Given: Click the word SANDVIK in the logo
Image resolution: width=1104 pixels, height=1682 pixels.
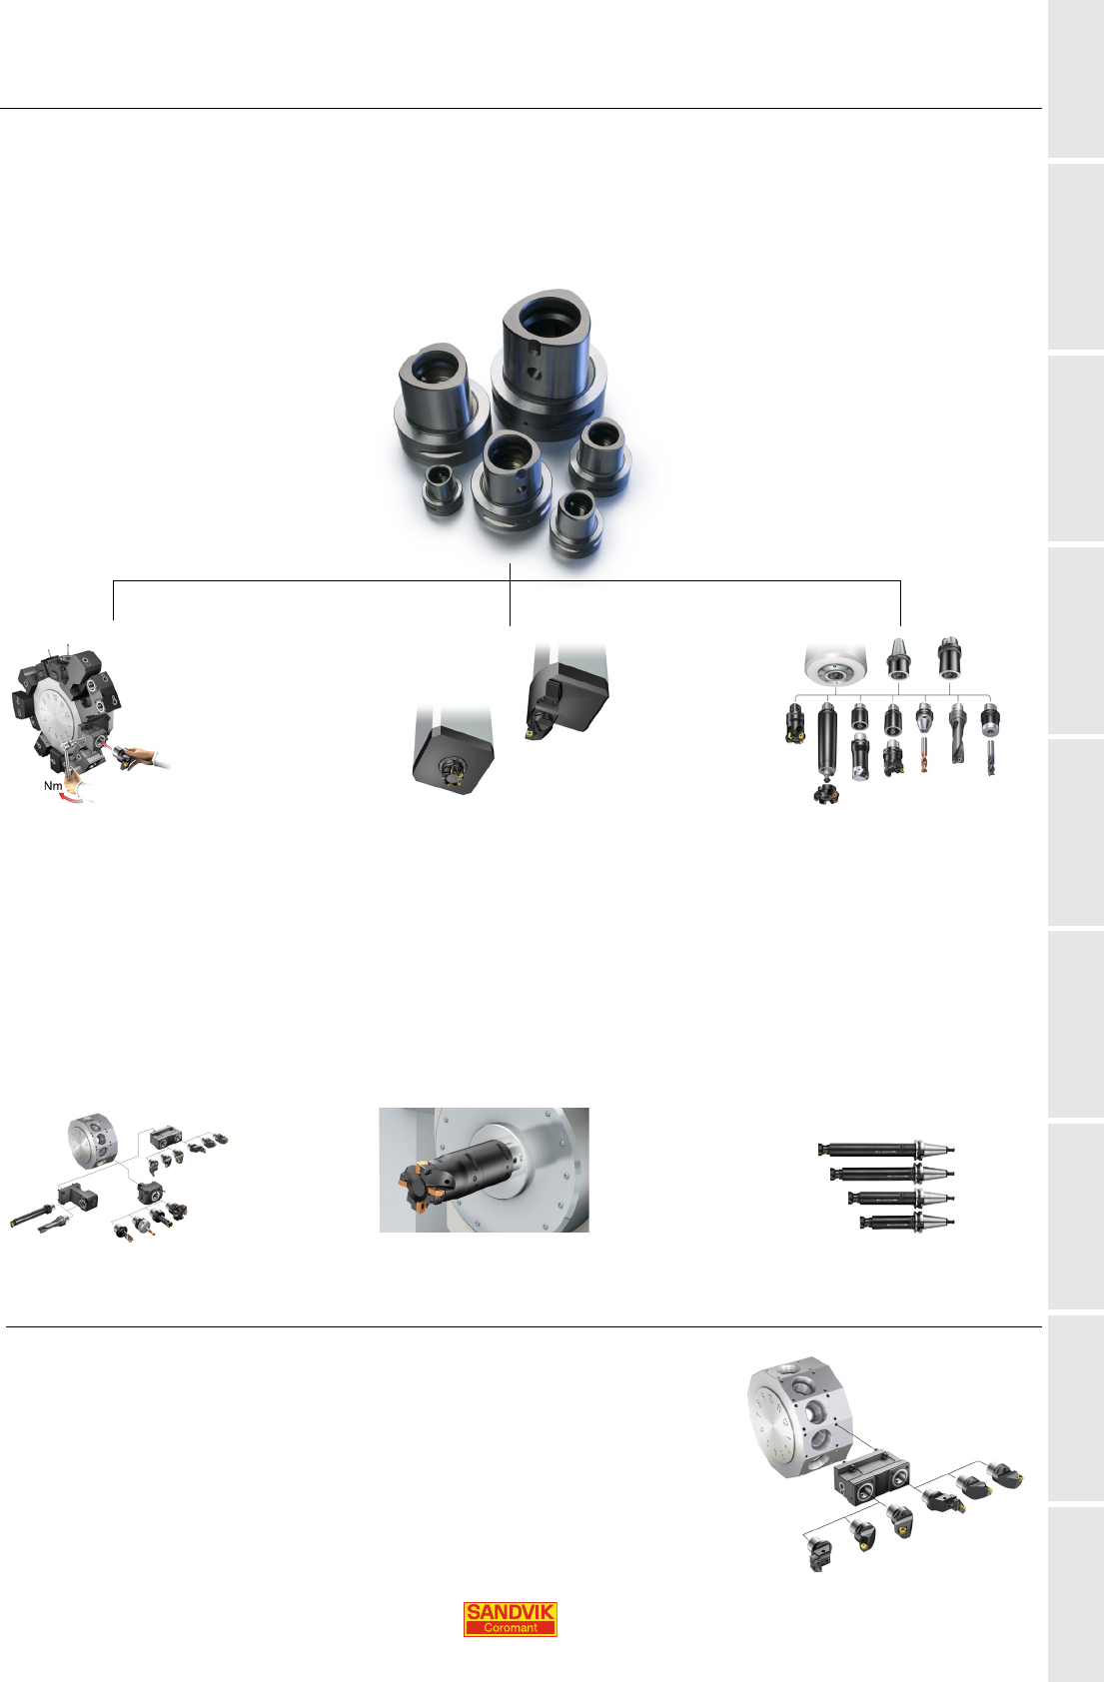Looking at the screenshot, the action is pos(510,1611).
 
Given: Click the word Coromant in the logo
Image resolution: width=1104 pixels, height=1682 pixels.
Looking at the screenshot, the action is pos(510,1628).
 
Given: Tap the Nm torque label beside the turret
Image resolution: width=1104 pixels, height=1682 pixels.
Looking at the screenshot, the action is pos(53,785).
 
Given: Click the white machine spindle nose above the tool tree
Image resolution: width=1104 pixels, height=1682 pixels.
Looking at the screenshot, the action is pos(835,664).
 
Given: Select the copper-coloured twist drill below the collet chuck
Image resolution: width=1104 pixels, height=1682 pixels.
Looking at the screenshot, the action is pos(924,755).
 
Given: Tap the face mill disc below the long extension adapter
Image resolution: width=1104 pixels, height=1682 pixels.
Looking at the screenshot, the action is pos(826,794).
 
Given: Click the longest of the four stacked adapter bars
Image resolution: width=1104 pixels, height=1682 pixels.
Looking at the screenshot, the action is pos(885,1149).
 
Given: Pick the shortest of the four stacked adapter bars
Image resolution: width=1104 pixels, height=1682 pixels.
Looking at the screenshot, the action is pos(906,1222).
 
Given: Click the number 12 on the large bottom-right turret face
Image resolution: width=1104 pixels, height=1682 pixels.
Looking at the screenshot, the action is pos(786,1421).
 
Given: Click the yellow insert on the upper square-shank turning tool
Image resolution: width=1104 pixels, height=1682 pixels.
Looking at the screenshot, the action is pos(531,730).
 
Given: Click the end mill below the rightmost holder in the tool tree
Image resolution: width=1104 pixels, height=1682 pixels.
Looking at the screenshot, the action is pos(990,757).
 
